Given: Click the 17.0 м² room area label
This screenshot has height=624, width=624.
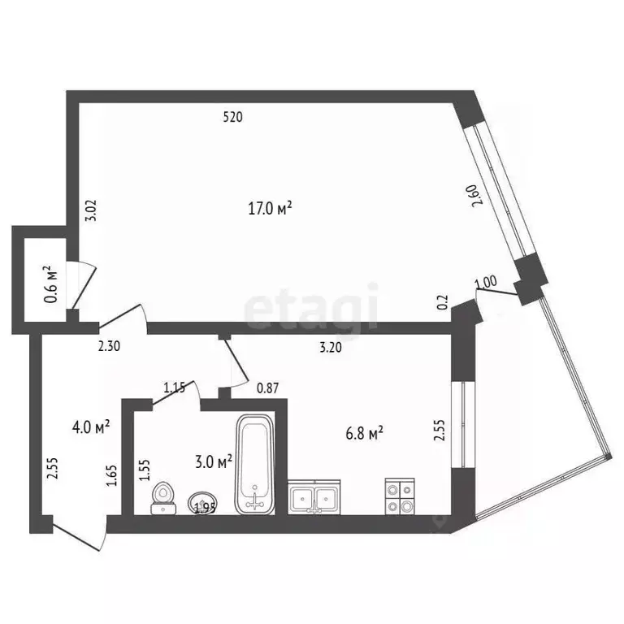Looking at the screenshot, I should [270, 209].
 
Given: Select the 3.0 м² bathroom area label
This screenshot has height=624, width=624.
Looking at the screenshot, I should [215, 461].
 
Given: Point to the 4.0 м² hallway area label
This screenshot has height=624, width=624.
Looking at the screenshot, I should [90, 425].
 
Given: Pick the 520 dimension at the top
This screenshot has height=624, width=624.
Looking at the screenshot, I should [232, 117].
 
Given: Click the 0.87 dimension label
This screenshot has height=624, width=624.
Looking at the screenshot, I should [267, 388].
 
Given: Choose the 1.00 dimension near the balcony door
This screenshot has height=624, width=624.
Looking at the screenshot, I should [485, 283].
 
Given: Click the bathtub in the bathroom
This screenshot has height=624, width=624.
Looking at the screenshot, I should [256, 464].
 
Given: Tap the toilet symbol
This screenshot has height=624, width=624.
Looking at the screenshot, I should [165, 497].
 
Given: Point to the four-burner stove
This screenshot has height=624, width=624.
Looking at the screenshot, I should [400, 496].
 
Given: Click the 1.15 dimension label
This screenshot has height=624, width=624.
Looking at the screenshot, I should [175, 388].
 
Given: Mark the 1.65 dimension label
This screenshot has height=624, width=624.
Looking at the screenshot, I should [113, 473].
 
